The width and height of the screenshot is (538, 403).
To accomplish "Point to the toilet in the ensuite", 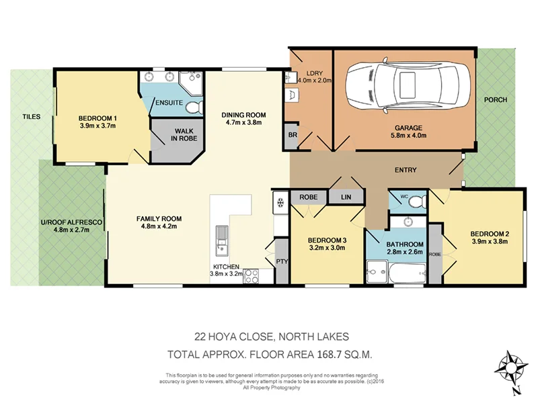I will (x=194, y=107).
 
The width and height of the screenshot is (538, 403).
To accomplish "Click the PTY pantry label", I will (x=280, y=261).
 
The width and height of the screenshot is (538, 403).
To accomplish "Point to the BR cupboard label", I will (x=293, y=135).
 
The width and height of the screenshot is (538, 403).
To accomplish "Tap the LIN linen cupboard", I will (x=346, y=197).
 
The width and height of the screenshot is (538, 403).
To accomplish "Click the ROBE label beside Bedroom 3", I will (x=309, y=197).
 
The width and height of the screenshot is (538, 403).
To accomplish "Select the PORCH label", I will (x=496, y=100).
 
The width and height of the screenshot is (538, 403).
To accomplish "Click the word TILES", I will (x=31, y=116).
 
